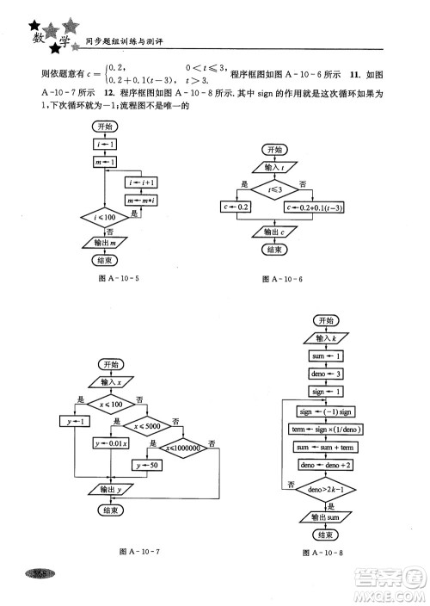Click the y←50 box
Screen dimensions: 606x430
pyautogui.click(x=147, y=465)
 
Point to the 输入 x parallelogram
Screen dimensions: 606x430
pyautogui.click(x=111, y=381)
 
